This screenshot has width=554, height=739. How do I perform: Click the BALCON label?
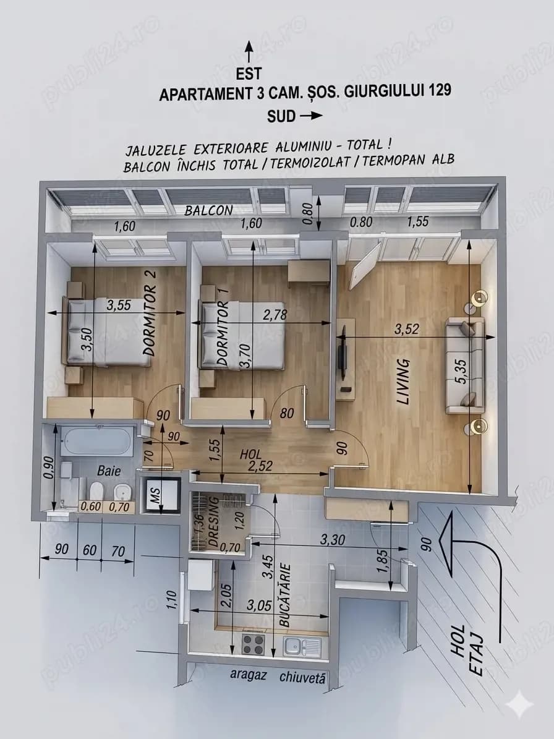[208, 210]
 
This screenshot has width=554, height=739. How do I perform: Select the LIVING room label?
[404, 381]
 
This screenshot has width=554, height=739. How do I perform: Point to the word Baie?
[109, 471]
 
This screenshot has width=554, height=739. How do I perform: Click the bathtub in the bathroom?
[97, 441]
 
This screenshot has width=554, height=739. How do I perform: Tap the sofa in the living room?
[466, 365]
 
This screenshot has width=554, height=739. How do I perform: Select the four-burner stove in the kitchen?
[253, 644]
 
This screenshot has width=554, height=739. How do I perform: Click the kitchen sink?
[303, 646]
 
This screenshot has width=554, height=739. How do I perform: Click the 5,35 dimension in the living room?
[461, 372]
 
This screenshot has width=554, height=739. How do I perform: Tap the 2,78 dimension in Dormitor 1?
[275, 315]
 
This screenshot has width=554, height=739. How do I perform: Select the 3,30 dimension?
[333, 540]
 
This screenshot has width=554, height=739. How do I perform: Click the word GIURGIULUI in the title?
[380, 91]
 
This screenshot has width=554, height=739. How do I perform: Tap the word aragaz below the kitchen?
[249, 675]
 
